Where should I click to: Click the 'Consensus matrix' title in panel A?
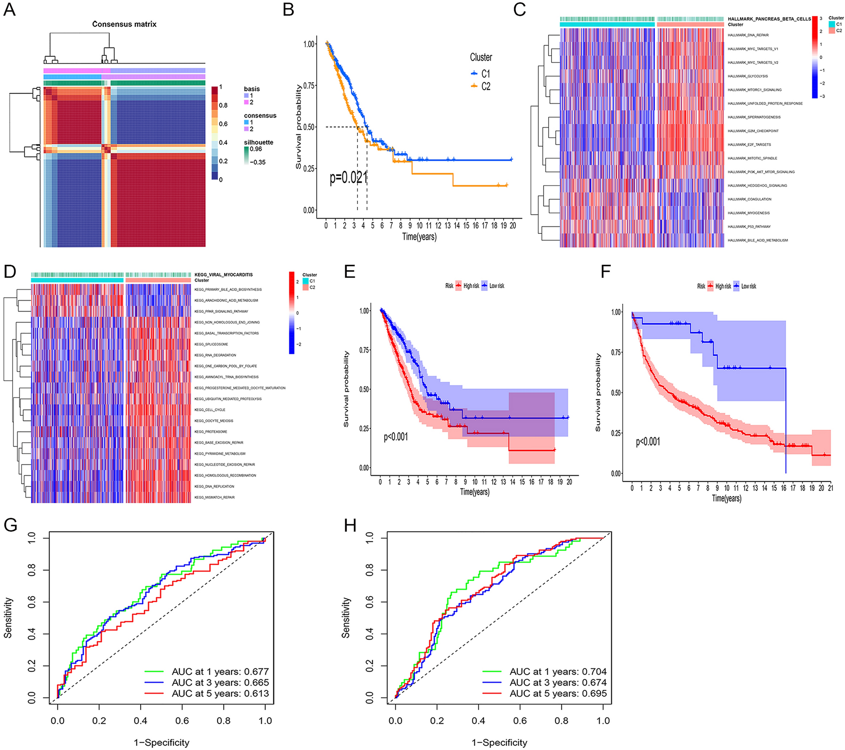click(124, 24)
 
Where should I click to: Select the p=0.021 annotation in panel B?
click(348, 178)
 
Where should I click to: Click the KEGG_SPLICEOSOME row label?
click(211, 344)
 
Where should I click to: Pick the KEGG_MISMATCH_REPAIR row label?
click(214, 497)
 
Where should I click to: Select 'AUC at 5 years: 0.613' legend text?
click(220, 694)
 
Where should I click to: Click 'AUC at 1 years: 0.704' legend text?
click(558, 672)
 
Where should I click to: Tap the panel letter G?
click(11, 525)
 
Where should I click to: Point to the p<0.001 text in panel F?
click(648, 442)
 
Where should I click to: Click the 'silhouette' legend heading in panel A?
click(259, 142)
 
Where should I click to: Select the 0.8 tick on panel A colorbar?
click(223, 105)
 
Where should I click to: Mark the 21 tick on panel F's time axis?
click(830, 488)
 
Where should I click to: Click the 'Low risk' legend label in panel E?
click(496, 286)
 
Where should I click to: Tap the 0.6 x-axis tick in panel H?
click(520, 721)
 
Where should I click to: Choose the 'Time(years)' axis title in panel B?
click(419, 237)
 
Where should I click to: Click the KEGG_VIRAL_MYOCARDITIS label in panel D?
click(224, 275)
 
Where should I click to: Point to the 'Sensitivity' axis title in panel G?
click(8, 617)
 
